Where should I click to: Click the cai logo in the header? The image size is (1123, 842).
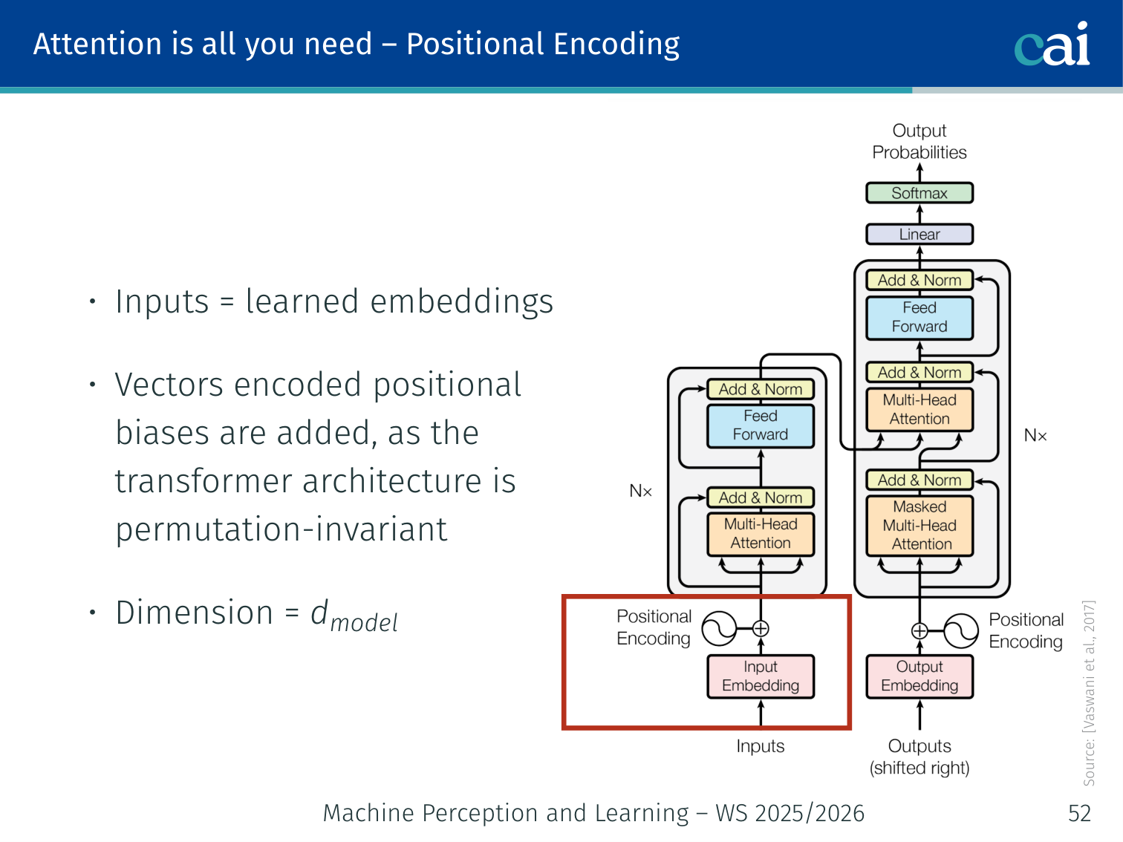[1052, 45]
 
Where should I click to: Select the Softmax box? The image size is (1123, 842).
[919, 193]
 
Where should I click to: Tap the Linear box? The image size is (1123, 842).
[919, 235]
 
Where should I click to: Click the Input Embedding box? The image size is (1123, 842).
[761, 676]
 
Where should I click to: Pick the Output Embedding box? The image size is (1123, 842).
[919, 676]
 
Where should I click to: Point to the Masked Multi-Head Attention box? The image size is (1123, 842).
[919, 526]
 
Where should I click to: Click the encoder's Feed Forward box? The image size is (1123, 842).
[761, 425]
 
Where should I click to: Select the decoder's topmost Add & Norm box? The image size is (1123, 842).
[919, 280]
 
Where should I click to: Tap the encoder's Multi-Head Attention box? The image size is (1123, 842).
[761, 534]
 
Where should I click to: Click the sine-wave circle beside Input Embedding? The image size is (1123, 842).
[719, 629]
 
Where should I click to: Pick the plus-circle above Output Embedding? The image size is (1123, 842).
[919, 631]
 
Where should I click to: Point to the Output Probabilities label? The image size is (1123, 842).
[919, 141]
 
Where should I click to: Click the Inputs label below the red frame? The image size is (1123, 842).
[761, 746]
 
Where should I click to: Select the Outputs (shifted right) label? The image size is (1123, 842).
[919, 757]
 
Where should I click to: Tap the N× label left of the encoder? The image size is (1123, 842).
[640, 491]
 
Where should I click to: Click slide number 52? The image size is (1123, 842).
[1079, 814]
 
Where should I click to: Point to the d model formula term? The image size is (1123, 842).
[354, 616]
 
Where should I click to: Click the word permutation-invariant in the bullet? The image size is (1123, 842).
[281, 529]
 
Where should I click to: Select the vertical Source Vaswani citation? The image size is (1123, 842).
[1089, 693]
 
